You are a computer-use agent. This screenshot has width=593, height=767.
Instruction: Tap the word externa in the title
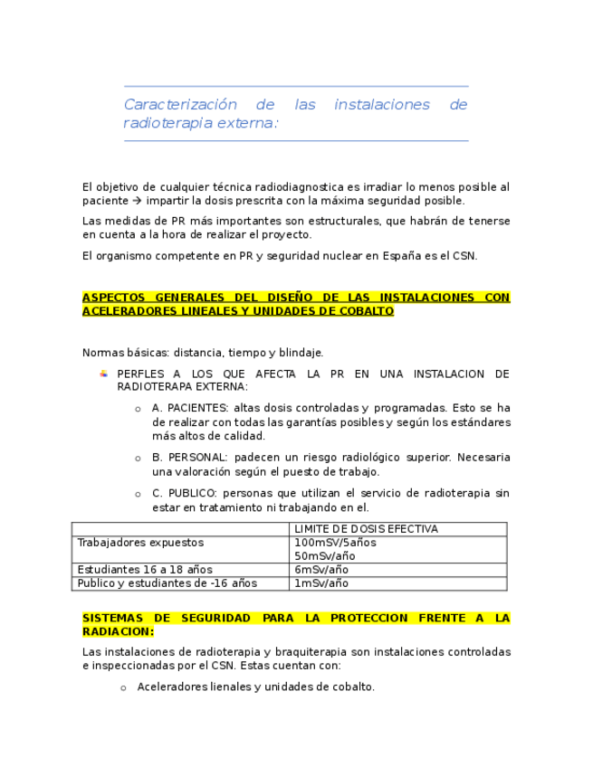[247, 123]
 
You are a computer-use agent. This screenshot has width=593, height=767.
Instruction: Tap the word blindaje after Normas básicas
[295, 353]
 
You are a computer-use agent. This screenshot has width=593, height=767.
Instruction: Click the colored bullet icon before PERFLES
[103, 374]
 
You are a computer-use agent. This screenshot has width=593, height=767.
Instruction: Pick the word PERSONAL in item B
[196, 458]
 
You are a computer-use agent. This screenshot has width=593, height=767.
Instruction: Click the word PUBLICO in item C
[191, 493]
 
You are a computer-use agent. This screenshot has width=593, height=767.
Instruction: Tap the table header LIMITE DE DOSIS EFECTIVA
[366, 529]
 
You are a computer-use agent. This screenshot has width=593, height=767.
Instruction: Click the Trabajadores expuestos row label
[140, 543]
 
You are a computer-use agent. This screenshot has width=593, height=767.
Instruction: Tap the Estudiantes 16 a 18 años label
[145, 570]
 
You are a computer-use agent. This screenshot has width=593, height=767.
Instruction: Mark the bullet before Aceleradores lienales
[123, 687]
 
